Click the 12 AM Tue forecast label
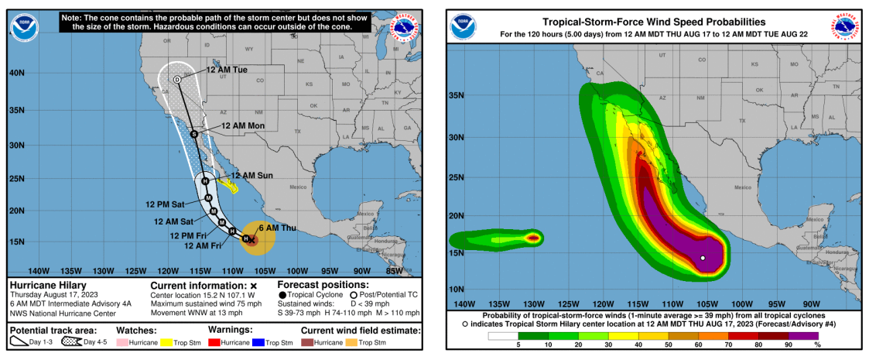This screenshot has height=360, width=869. tap(227, 70)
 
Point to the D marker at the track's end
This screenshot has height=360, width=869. tap(176, 80)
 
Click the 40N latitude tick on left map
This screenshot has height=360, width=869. tap(17, 73)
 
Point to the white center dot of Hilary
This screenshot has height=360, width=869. tap(703, 258)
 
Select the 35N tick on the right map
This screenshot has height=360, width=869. tap(457, 96)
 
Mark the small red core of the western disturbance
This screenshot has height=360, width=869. tap(533, 238)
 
